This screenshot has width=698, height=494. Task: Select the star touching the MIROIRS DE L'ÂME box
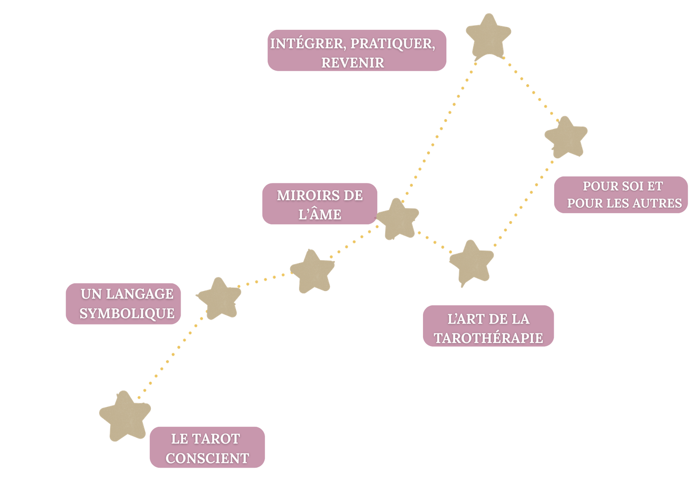click(397, 218)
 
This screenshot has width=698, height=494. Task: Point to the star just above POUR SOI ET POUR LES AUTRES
click(566, 137)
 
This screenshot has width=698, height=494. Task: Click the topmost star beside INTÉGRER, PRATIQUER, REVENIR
click(488, 36)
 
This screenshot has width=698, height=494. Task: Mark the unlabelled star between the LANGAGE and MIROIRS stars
click(312, 271)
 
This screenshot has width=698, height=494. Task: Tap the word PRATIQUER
click(392, 44)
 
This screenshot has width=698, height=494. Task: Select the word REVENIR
click(353, 63)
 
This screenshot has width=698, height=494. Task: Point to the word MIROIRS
click(304, 196)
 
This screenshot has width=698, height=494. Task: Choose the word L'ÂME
click(320, 215)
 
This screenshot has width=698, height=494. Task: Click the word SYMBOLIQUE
click(127, 313)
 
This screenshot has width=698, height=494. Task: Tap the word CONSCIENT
click(207, 459)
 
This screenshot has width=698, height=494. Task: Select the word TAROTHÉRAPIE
click(489, 338)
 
